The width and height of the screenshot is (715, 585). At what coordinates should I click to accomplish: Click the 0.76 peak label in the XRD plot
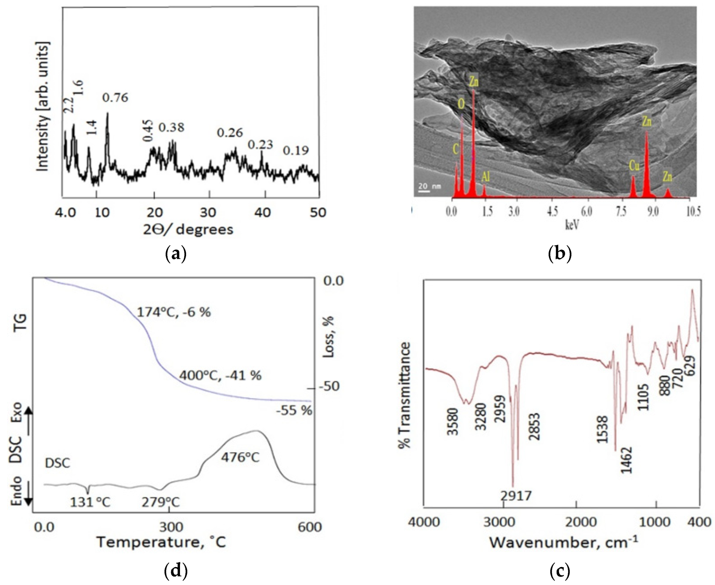115,98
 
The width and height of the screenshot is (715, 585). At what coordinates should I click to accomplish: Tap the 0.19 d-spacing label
296,151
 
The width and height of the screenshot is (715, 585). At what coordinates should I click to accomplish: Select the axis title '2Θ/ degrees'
188,229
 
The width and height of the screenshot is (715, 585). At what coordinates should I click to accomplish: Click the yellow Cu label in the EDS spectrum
634,166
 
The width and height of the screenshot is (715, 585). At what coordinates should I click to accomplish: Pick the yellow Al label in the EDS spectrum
485,176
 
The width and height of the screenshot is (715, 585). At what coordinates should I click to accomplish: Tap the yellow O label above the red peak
461,104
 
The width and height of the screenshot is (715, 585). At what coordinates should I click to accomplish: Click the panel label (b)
560,253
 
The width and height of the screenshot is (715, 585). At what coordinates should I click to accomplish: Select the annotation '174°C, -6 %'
174,312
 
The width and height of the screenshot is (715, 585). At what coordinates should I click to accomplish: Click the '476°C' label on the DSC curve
240,458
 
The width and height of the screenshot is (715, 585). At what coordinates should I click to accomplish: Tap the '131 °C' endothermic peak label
90,502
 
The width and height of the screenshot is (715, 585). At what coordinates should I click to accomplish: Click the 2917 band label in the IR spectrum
516,496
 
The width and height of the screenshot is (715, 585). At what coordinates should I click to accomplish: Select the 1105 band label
643,397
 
